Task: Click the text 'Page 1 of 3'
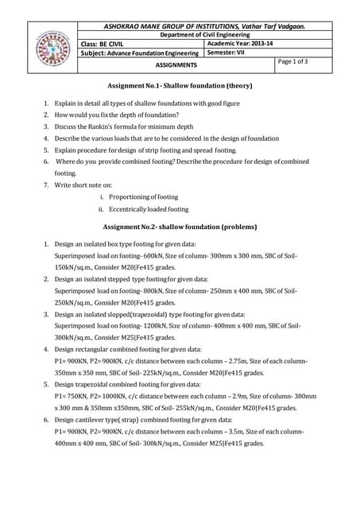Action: click(x=293, y=61)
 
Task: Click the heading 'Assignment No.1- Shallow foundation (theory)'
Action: click(x=180, y=85)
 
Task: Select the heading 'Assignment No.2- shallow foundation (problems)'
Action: click(x=180, y=227)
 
